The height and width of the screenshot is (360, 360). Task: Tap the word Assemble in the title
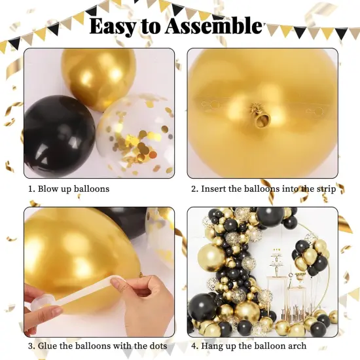click(213, 26)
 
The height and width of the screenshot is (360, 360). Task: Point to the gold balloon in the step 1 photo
click(98, 75)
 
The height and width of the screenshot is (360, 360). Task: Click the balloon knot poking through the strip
click(262, 118)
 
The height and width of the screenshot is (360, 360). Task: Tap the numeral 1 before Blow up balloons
click(29, 189)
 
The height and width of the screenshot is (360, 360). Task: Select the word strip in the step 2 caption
click(326, 189)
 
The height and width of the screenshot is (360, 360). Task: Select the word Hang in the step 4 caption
click(214, 346)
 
